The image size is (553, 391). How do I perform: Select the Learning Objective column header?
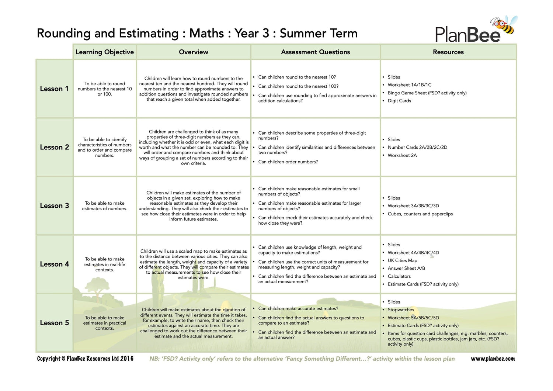click(x=105, y=52)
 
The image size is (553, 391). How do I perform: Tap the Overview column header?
click(x=194, y=52)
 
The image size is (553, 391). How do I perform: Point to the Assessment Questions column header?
click(x=315, y=52)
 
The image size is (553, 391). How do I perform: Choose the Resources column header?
click(x=448, y=52)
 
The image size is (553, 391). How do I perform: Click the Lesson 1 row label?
click(x=54, y=89)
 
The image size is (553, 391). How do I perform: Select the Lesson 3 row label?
click(x=54, y=206)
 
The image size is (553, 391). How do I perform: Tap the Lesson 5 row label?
click(x=54, y=323)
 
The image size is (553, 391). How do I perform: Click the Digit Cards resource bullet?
click(x=399, y=101)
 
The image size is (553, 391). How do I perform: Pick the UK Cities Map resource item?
click(x=402, y=260)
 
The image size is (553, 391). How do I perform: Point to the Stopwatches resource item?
click(x=401, y=310)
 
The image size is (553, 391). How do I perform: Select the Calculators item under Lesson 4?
click(x=399, y=276)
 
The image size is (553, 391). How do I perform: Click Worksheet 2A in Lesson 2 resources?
click(x=402, y=155)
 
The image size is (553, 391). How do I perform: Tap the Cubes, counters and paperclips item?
click(x=420, y=214)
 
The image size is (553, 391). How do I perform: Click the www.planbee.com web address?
click(x=493, y=359)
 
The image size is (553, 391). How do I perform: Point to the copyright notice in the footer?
click(x=85, y=359)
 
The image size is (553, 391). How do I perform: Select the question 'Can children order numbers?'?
click(x=288, y=162)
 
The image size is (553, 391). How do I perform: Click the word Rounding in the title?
click(x=63, y=34)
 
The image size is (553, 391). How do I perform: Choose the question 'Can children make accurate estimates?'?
click(x=298, y=309)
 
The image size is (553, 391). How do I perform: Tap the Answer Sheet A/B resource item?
click(x=406, y=269)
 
